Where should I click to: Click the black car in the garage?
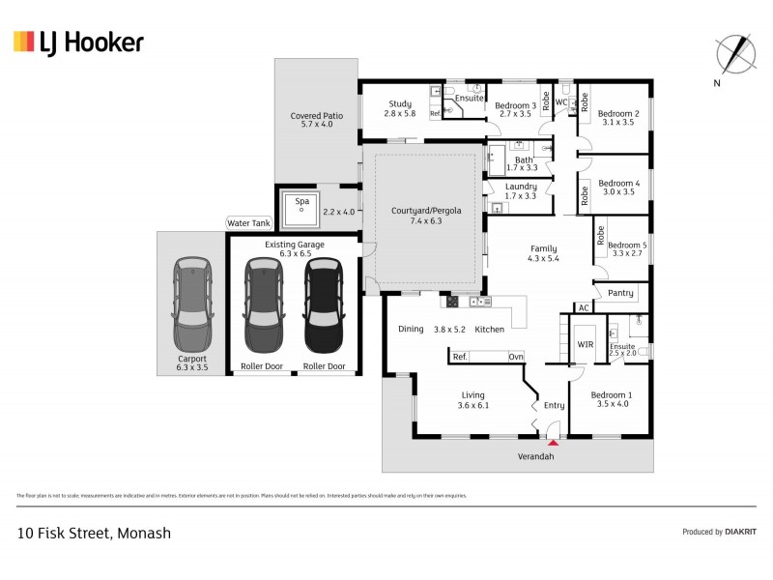[323, 306]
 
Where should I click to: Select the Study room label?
[400, 104]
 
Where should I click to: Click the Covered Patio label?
[317, 116]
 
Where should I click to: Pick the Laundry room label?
[520, 187]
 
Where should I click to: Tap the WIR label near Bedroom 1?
[585, 344]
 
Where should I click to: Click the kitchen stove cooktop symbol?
[452, 302]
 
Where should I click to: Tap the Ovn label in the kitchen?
[517, 357]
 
